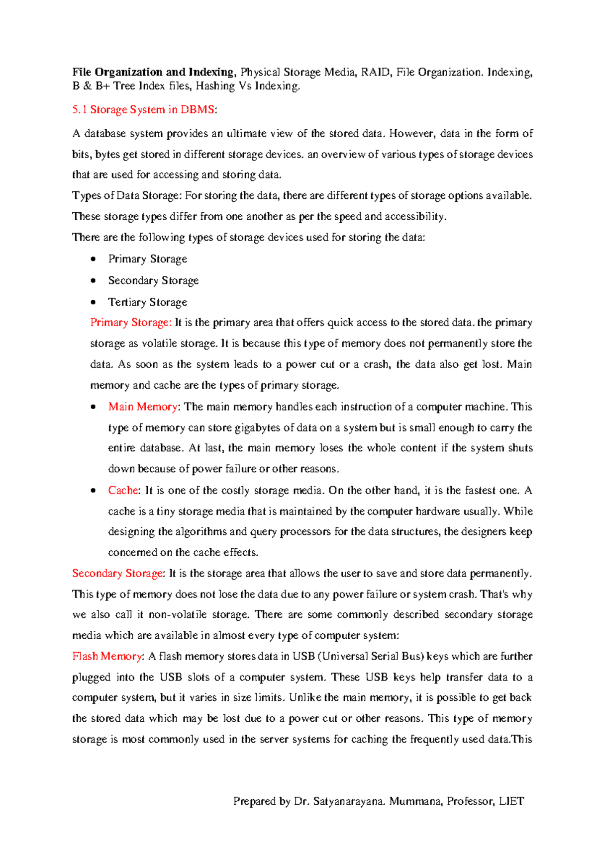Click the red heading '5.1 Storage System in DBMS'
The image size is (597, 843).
tap(143, 110)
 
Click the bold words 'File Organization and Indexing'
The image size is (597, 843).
tap(153, 72)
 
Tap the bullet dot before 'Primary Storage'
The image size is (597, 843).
tap(94, 259)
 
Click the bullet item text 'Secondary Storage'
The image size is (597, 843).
tap(153, 280)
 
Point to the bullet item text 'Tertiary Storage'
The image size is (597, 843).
tap(148, 302)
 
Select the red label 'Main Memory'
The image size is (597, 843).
tap(143, 407)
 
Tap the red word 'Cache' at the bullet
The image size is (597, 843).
tap(123, 491)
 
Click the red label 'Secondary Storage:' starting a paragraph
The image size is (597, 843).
tap(118, 574)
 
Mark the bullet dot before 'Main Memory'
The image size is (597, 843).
tap(94, 407)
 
